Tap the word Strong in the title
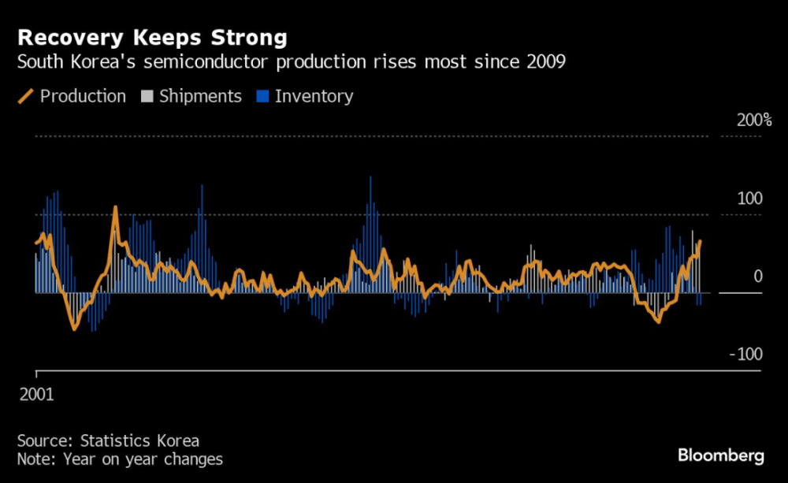click(x=251, y=37)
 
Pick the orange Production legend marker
click(x=26, y=96)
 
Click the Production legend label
click(x=83, y=96)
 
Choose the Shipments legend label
click(x=200, y=96)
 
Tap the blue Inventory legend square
click(x=262, y=96)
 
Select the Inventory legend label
click(x=314, y=96)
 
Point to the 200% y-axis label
click(x=754, y=121)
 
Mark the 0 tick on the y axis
click(x=757, y=277)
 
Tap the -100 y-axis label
click(x=745, y=354)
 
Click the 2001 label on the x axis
click(x=36, y=394)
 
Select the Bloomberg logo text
click(x=720, y=455)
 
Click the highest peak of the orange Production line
click(x=116, y=208)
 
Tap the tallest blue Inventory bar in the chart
click(x=370, y=177)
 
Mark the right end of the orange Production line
click(x=700, y=242)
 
